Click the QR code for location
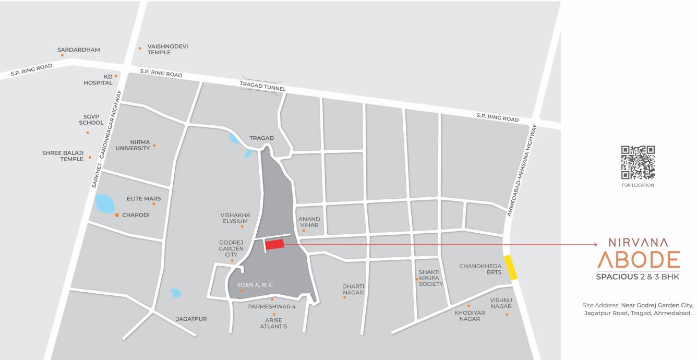click(x=638, y=162)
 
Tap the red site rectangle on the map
click(x=274, y=244)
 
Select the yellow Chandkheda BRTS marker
click(x=510, y=268)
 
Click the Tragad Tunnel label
click(x=262, y=86)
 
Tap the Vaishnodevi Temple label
click(x=167, y=50)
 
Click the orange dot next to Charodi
click(x=117, y=214)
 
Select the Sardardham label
click(x=78, y=50)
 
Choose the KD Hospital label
click(x=98, y=79)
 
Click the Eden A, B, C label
click(x=255, y=285)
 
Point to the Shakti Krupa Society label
click(x=431, y=278)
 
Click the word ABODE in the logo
click(x=638, y=260)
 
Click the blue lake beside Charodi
click(x=104, y=203)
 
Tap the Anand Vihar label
click(x=309, y=222)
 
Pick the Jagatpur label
click(x=191, y=319)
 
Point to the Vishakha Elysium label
click(x=235, y=218)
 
